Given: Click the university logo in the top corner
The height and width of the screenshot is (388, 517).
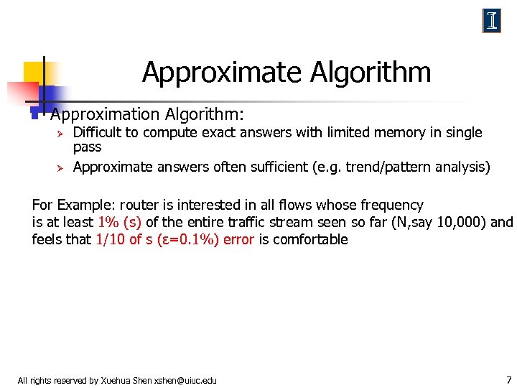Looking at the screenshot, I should click(491, 21).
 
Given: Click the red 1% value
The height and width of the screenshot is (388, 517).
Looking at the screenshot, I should click(106, 222).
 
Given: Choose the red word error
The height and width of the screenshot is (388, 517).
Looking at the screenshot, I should click(238, 239).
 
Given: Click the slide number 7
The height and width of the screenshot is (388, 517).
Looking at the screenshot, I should click(508, 379).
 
